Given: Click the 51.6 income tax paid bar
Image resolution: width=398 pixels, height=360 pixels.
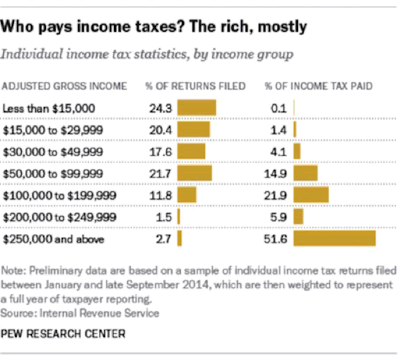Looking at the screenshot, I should pos(334,238).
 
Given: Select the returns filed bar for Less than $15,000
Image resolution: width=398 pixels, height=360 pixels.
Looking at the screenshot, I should pos(197,108).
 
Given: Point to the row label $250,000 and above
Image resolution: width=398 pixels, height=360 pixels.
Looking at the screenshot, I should pos(54,239).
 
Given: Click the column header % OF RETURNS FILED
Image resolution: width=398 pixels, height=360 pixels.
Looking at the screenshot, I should pos(196,86).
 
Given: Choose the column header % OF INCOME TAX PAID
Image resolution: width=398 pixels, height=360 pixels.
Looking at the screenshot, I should pos(318,86).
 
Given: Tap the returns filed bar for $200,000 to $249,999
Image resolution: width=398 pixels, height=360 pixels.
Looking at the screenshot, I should pos(178,217).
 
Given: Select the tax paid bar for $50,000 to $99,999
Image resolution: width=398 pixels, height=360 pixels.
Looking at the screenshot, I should pos(306,173).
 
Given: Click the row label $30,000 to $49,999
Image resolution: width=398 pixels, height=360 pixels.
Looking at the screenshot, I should pos(53,152).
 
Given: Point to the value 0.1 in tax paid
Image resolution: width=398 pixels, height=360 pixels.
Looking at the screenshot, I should pos(279,108).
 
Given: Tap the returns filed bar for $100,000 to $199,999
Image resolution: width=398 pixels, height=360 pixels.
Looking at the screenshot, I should pos(187,195).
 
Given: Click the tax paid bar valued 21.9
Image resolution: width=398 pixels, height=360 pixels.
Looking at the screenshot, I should pos(312,195).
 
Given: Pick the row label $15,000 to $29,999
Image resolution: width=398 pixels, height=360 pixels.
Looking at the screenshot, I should pos(53,130).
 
